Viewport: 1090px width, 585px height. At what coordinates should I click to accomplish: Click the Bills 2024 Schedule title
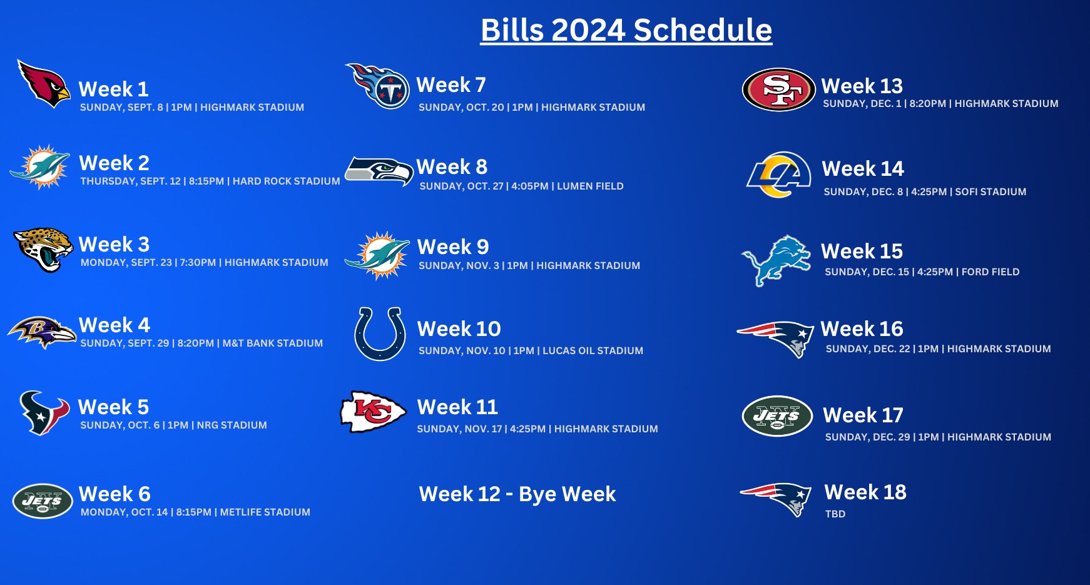tap(626, 30)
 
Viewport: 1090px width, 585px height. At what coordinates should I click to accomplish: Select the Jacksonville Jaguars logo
tap(43, 250)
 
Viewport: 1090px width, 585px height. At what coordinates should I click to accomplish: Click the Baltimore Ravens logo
tap(42, 332)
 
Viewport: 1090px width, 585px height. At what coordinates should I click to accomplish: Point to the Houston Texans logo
tap(44, 413)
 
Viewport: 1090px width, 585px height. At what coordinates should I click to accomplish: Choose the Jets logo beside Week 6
tap(43, 501)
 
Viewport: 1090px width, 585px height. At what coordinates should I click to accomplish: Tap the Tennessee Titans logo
tap(379, 86)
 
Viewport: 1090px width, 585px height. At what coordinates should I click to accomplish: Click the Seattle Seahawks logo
tap(379, 171)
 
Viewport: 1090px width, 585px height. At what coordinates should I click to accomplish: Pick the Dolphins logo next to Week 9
tap(377, 255)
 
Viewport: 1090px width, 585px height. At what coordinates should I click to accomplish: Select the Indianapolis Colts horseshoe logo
tap(380, 334)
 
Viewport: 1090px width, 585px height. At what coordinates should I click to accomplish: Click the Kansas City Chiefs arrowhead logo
tap(373, 412)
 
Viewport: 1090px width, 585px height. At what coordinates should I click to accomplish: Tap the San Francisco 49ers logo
tap(779, 89)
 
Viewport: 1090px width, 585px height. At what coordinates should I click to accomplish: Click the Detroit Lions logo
tap(777, 260)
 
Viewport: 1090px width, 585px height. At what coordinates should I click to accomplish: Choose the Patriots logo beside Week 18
tap(776, 499)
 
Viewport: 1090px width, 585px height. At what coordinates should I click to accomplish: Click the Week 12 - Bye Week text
tap(517, 494)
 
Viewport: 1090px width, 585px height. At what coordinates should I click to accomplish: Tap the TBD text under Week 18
tap(835, 514)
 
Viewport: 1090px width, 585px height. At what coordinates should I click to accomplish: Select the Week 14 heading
tap(863, 168)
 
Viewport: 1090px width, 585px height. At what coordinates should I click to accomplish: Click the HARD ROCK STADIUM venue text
tap(287, 181)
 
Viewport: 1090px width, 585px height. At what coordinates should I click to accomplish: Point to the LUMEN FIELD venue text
tap(590, 186)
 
